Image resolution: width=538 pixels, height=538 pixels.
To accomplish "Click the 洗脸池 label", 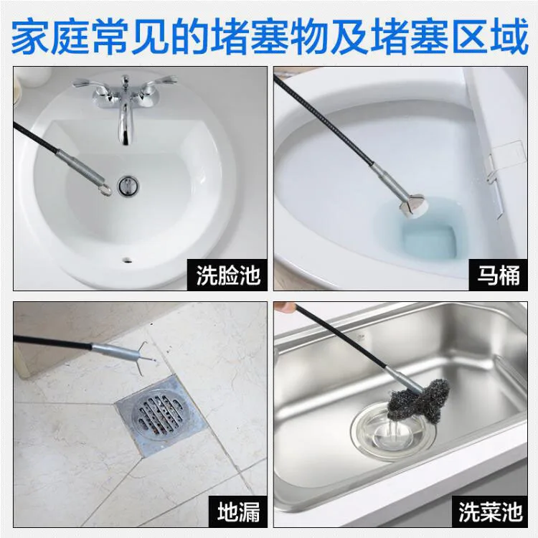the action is (228, 275).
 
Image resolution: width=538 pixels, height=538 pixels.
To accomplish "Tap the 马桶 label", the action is (499, 275).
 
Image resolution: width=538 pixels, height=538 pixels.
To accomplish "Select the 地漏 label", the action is (238, 511).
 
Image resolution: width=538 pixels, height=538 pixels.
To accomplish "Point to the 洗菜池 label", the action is (491, 511).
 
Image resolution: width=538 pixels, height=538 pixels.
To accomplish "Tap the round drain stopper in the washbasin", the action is (128, 185).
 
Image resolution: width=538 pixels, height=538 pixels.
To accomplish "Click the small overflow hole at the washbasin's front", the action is (127, 260).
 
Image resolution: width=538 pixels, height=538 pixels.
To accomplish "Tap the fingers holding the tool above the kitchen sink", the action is (285, 306).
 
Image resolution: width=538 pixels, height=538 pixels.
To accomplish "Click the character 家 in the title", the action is (31, 37).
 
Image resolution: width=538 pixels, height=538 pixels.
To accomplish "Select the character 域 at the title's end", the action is (509, 37).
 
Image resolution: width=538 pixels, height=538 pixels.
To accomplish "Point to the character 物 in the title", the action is (311, 37).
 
